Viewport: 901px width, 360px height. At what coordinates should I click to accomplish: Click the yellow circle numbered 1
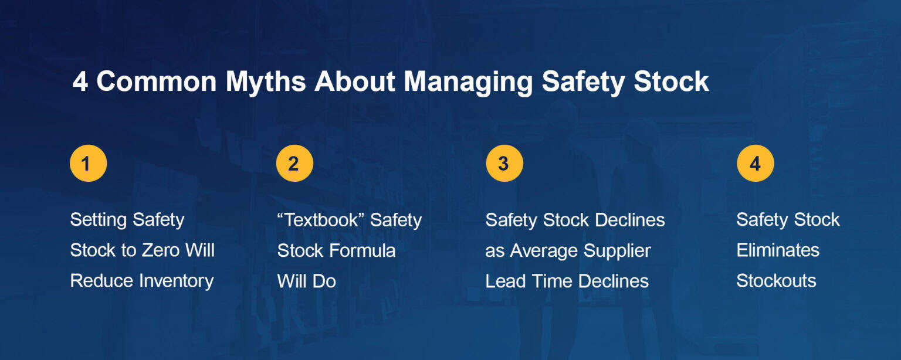(x=88, y=163)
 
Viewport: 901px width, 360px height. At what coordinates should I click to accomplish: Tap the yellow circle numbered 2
(x=294, y=163)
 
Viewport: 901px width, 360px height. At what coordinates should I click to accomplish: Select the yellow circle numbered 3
(x=504, y=163)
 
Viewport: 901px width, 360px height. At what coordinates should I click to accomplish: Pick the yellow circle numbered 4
(x=755, y=163)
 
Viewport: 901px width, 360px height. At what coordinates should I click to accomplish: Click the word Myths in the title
(x=266, y=81)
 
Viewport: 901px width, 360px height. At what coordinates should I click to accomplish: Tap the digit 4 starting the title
(x=80, y=81)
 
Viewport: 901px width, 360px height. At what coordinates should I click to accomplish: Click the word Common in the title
(x=157, y=81)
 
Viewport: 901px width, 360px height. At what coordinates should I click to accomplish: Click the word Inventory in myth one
(x=174, y=281)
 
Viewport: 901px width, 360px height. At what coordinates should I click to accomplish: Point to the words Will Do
(x=306, y=281)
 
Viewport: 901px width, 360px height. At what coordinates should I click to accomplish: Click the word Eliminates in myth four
(x=778, y=250)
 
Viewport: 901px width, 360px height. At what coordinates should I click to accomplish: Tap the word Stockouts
(x=776, y=281)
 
